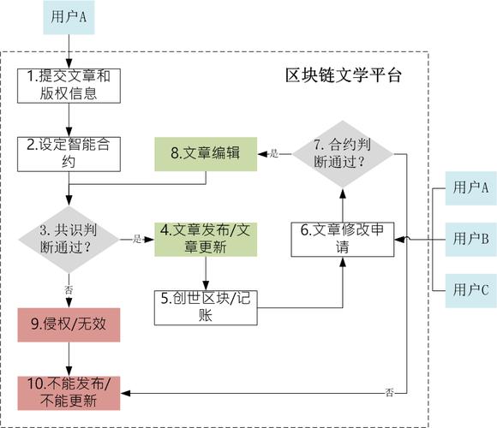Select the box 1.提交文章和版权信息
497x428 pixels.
click(x=69, y=86)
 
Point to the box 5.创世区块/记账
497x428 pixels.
click(x=206, y=306)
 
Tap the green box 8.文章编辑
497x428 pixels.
click(x=206, y=153)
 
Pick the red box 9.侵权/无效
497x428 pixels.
click(x=69, y=325)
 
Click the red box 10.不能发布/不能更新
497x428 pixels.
click(x=69, y=393)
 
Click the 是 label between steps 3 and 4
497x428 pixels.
click(x=136, y=240)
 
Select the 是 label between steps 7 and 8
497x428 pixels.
click(x=274, y=154)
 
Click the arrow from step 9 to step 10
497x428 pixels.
click(x=69, y=359)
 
